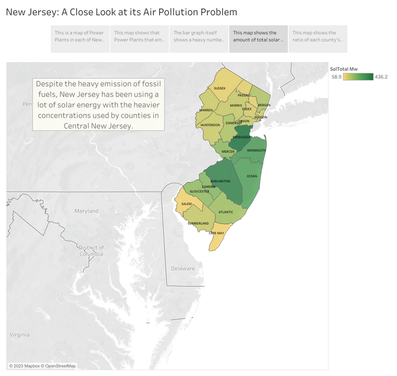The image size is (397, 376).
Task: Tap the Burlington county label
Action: click(x=220, y=181)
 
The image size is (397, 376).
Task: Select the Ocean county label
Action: click(x=252, y=176)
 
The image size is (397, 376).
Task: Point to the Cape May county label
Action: click(x=216, y=233)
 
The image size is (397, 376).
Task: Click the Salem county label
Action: click(x=187, y=204)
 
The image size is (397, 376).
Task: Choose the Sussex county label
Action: click(x=219, y=88)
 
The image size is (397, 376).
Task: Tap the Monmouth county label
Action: click(x=257, y=150)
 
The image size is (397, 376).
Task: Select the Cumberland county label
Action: click(x=198, y=223)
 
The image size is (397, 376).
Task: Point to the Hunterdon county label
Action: click(x=210, y=125)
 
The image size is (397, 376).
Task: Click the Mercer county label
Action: click(x=228, y=151)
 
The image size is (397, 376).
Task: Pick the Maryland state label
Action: click(x=86, y=211)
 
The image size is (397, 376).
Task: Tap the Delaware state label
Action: click(x=183, y=269)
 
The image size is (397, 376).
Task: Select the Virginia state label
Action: click(x=19, y=335)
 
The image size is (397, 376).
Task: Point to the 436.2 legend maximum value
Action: click(x=381, y=77)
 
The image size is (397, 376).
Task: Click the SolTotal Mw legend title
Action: click(x=344, y=68)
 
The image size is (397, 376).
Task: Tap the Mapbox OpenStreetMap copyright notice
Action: click(x=42, y=366)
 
